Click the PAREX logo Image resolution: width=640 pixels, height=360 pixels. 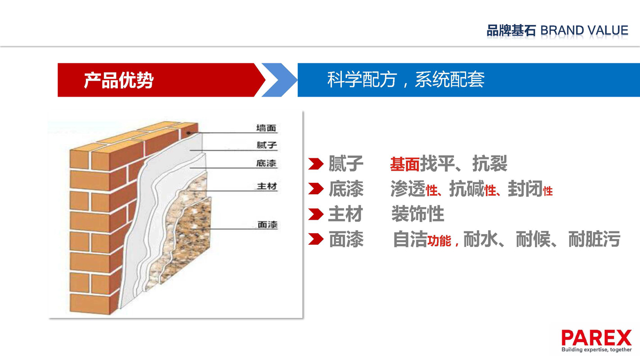coord(596,341)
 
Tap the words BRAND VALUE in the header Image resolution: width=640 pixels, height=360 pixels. coord(585,30)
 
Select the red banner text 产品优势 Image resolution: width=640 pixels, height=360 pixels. coord(119,81)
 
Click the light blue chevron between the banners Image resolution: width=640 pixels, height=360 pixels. coord(279,80)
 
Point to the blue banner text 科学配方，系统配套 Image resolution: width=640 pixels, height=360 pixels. coord(406,79)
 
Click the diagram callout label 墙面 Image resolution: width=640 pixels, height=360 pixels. coord(266,128)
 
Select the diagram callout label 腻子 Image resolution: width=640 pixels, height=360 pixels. coord(267,145)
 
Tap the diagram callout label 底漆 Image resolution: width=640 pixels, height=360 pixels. coord(266,163)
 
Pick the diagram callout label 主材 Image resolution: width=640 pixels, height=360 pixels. coord(267,186)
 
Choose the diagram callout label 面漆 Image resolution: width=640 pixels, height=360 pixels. coord(267,225)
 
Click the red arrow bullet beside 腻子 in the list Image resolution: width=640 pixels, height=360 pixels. coord(316,164)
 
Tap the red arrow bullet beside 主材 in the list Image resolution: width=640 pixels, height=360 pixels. coord(316,214)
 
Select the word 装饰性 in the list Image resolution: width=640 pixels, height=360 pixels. coord(418,214)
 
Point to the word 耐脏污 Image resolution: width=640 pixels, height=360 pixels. coord(594,239)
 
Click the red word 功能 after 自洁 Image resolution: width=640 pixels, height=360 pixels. coord(439,241)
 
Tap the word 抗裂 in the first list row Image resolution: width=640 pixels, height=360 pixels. coord(490,163)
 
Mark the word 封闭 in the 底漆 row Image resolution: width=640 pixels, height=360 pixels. coord(525,189)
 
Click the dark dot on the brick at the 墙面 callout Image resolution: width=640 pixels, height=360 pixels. coord(189,133)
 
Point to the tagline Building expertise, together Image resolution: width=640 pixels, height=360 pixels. coord(597,349)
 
